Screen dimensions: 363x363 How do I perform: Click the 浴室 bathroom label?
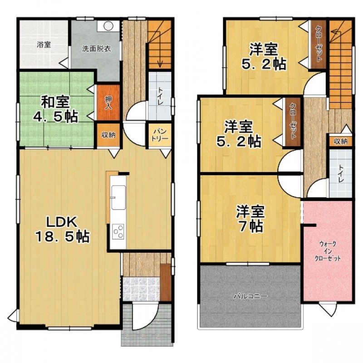[44, 45]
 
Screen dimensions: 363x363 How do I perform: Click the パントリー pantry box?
[158, 135]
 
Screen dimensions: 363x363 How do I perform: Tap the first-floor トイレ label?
[160, 96]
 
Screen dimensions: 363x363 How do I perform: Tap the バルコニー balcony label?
[250, 296]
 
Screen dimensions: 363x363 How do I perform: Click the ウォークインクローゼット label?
[327, 250]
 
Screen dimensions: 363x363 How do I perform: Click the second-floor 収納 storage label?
[341, 141]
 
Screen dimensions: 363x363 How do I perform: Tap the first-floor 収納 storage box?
[108, 135]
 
